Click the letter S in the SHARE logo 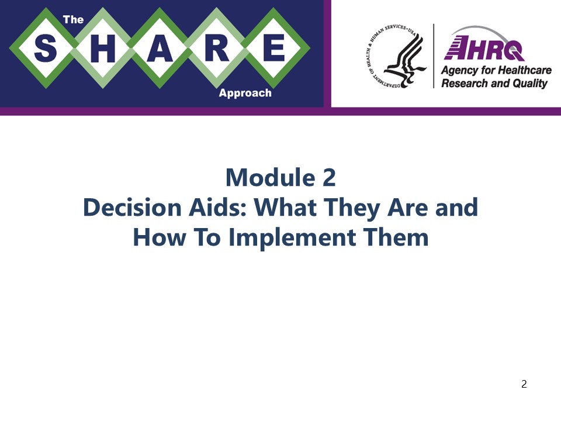click(x=46, y=49)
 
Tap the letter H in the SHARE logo click(x=103, y=49)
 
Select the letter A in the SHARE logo click(x=160, y=49)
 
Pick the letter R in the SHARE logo click(x=217, y=49)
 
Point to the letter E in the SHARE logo click(x=273, y=49)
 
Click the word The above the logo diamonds click(x=74, y=20)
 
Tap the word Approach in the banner click(x=245, y=93)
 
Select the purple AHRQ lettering click(x=484, y=49)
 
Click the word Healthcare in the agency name click(x=524, y=70)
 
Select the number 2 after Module click(x=329, y=178)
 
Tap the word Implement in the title click(x=292, y=238)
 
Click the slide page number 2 click(x=524, y=384)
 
